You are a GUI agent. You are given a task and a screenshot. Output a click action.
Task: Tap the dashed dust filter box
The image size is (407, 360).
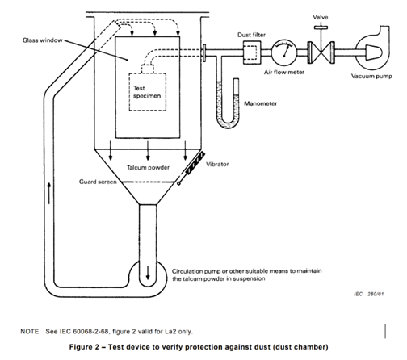[247, 52]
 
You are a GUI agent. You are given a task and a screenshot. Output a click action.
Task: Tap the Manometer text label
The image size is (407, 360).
[262, 104]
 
